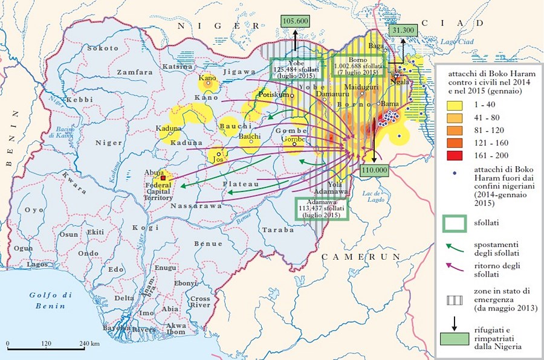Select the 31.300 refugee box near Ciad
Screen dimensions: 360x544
(403, 29)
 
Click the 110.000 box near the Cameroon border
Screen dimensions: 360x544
(374, 171)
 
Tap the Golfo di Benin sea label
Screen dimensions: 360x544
(51, 299)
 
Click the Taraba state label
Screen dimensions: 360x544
(275, 230)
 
